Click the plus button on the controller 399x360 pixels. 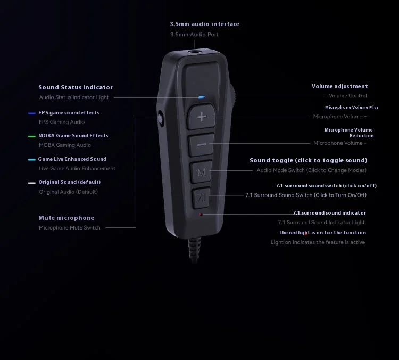pyautogui.click(x=202, y=117)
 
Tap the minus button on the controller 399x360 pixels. pyautogui.click(x=201, y=144)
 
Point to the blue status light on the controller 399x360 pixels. pyautogui.click(x=201, y=97)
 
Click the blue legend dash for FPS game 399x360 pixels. pyautogui.click(x=32, y=113)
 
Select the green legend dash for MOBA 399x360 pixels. pyautogui.click(x=32, y=136)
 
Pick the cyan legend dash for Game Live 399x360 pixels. pyautogui.click(x=32, y=159)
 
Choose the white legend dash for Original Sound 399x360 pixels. pyautogui.click(x=32, y=183)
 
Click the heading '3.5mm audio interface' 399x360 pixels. pyautogui.click(x=205, y=24)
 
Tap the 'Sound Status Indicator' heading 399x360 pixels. pyautogui.click(x=76, y=87)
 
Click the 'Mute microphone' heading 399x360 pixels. pyautogui.click(x=66, y=218)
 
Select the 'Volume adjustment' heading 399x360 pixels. pyautogui.click(x=339, y=86)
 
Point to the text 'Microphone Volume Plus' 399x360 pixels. pyautogui.click(x=352, y=108)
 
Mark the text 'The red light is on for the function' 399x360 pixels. pyautogui.click(x=322, y=233)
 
